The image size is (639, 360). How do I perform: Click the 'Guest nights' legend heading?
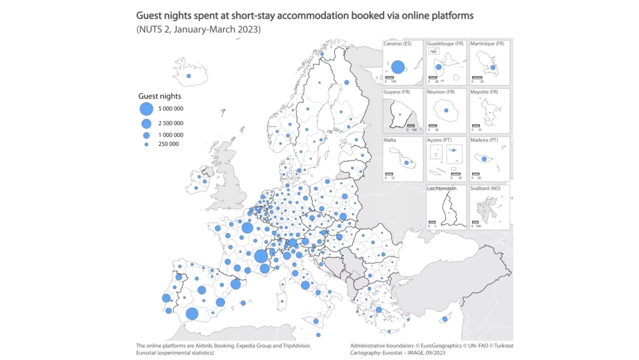(155, 96)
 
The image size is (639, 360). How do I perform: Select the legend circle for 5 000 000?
(146, 109)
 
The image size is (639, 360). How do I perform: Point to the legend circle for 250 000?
(146, 145)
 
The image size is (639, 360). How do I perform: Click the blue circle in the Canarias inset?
(398, 67)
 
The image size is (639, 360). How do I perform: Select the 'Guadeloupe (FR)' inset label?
(445, 43)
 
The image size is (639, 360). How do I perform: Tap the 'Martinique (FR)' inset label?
(487, 43)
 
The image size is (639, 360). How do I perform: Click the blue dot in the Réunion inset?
(447, 111)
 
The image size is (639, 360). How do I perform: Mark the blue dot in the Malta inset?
(406, 163)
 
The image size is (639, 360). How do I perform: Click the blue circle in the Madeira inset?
(484, 159)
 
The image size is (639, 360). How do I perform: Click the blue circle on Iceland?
(189, 77)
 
